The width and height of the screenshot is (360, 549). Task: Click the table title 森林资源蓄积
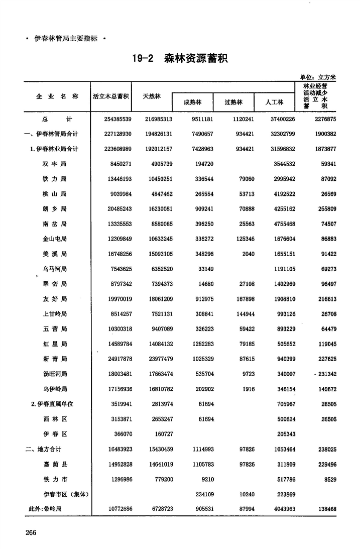click(196, 59)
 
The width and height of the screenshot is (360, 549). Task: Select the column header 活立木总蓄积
click(111, 96)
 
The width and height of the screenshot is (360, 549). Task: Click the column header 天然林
click(152, 96)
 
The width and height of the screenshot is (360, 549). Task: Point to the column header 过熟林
click(233, 102)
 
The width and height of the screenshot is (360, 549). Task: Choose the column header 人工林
click(274, 102)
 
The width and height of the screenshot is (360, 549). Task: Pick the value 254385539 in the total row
click(112, 119)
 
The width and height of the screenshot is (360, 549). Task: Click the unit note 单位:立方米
click(318, 77)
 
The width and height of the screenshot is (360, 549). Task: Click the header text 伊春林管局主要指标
click(65, 38)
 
